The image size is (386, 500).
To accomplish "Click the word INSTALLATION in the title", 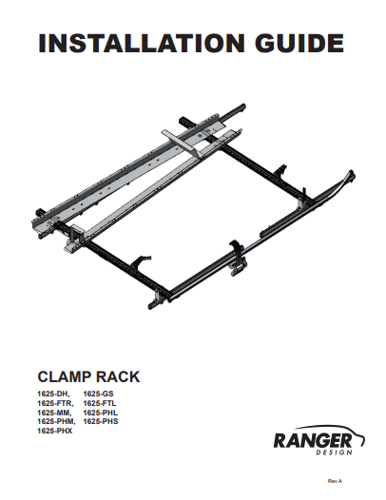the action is [142, 43].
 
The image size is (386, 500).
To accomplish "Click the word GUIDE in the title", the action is [299, 43].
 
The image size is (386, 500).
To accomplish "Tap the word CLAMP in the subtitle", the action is [65, 376].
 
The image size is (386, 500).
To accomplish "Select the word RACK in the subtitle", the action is [118, 376].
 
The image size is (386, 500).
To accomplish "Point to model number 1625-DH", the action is [53, 394].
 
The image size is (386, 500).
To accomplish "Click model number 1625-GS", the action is [98, 394].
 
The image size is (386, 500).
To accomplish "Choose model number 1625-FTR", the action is [55, 403].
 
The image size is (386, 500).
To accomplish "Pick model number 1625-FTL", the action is [100, 403].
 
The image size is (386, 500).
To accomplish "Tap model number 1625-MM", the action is [54, 413].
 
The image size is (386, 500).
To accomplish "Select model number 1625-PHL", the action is [101, 413].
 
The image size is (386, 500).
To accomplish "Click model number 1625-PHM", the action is [56, 421].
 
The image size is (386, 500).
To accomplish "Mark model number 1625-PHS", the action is [101, 421].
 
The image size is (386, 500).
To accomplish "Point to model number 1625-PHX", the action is [55, 431].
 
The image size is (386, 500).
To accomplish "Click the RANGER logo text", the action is [313, 441].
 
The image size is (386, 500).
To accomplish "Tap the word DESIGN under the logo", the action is [335, 452].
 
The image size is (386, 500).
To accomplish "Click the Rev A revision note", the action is [335, 481].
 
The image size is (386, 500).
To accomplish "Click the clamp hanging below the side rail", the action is [238, 259].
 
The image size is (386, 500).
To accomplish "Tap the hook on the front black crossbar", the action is [140, 261].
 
